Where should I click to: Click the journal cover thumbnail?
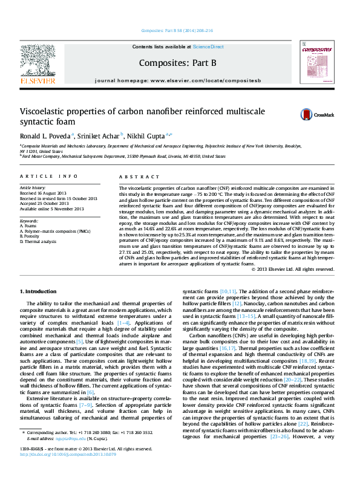[316, 62]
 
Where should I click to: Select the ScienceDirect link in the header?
[209, 47]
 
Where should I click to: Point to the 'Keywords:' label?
[29, 221]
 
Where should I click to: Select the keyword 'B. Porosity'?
[32, 236]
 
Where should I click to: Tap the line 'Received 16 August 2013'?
[45, 193]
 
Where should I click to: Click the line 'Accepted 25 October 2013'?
[44, 203]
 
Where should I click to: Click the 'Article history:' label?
[33, 188]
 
